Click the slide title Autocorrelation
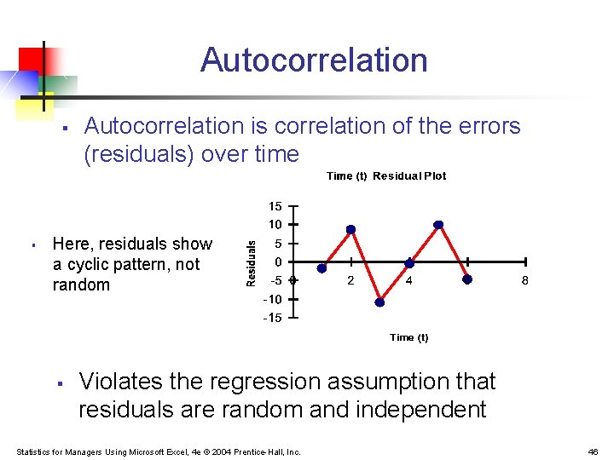(x=314, y=60)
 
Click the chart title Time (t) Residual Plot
(x=386, y=176)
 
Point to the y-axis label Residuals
(x=252, y=262)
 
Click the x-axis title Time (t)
(x=408, y=337)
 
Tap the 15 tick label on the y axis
(x=275, y=206)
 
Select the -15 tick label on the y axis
(x=272, y=318)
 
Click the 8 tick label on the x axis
(x=525, y=280)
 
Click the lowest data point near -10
(x=380, y=301)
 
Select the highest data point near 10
(x=438, y=225)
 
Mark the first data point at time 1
(x=321, y=267)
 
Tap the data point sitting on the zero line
(x=409, y=263)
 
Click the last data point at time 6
(x=466, y=279)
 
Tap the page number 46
(x=593, y=451)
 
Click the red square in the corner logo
(x=31, y=59)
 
